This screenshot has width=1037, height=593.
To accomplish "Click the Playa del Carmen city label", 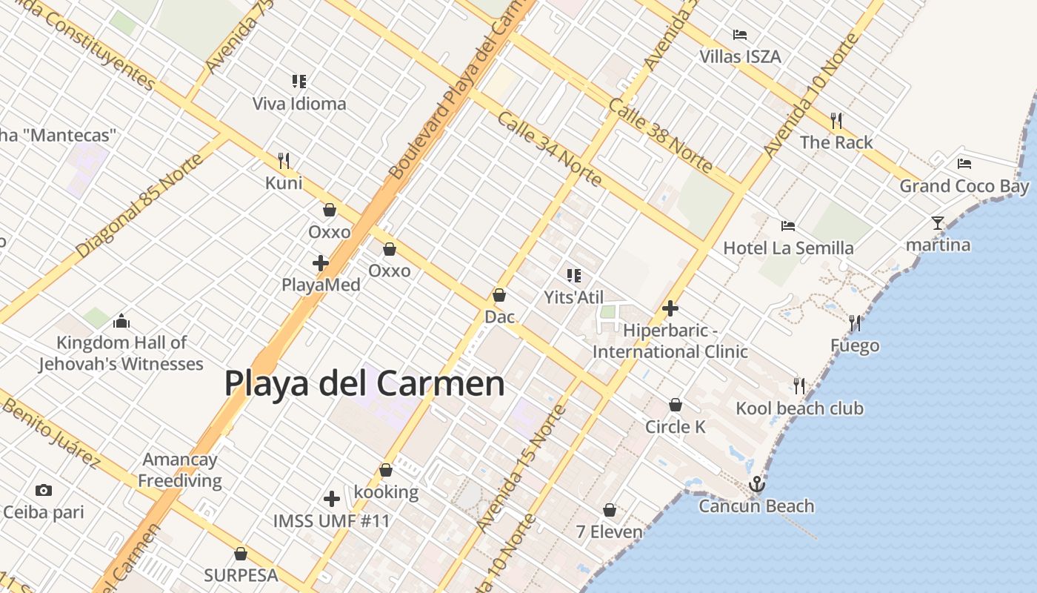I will point(364,384).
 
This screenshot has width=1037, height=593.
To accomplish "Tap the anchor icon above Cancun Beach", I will point(756,485).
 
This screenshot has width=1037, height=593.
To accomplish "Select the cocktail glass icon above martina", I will point(938,222).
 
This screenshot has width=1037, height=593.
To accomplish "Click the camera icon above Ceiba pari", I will point(44,490).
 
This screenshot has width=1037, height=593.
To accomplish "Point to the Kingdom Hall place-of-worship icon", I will point(121,321).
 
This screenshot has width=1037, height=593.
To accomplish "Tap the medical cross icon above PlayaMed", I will point(321,263).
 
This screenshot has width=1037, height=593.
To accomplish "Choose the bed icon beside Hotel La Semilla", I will point(788,225).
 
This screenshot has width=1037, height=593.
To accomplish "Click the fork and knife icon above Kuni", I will point(283,160).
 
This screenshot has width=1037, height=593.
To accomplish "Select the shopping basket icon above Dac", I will point(499,295).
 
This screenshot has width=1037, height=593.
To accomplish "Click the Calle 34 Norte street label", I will point(548,149).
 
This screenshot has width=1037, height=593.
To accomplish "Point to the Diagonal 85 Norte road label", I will point(139,206).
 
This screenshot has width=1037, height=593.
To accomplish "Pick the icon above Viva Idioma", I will point(299,82).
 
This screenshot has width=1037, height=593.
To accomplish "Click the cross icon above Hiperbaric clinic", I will point(670,308).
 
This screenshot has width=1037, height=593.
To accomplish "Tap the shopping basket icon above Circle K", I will point(675,405).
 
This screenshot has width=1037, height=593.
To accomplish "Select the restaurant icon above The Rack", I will point(836,120).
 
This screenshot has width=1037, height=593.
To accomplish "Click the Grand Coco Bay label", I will point(964,186).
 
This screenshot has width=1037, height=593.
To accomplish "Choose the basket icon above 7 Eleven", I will point(609,510).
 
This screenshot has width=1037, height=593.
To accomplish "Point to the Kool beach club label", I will point(799,408).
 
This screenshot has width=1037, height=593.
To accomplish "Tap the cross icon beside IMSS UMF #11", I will point(332,499).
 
